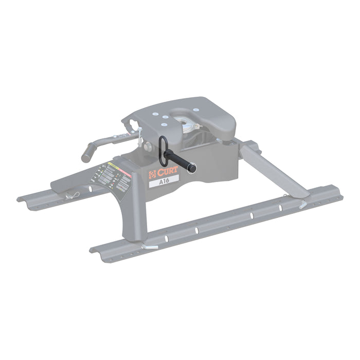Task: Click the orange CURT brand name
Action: pos(168,171)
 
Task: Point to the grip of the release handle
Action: pos(87,153)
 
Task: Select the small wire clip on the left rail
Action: pos(74,195)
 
